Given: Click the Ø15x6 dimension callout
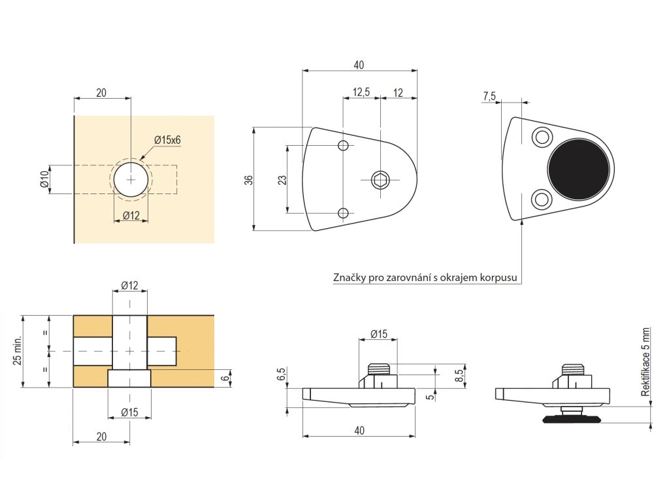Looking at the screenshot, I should (x=167, y=140).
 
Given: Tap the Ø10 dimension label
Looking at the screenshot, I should (x=44, y=179).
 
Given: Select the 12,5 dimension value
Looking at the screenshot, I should (x=361, y=92).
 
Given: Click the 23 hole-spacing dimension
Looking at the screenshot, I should (x=282, y=180).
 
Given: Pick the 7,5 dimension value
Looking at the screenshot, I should (x=489, y=96).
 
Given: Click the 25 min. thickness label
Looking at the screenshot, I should (x=18, y=351).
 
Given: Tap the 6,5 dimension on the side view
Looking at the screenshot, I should (x=282, y=374).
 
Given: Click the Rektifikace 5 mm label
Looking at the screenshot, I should (x=646, y=361).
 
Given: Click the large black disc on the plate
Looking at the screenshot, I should (x=580, y=169).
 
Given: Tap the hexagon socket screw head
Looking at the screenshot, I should (x=380, y=179).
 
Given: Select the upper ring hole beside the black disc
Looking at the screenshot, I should (x=541, y=137).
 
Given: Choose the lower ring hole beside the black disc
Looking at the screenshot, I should (x=541, y=199).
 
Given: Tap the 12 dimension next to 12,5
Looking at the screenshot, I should (x=398, y=92).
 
